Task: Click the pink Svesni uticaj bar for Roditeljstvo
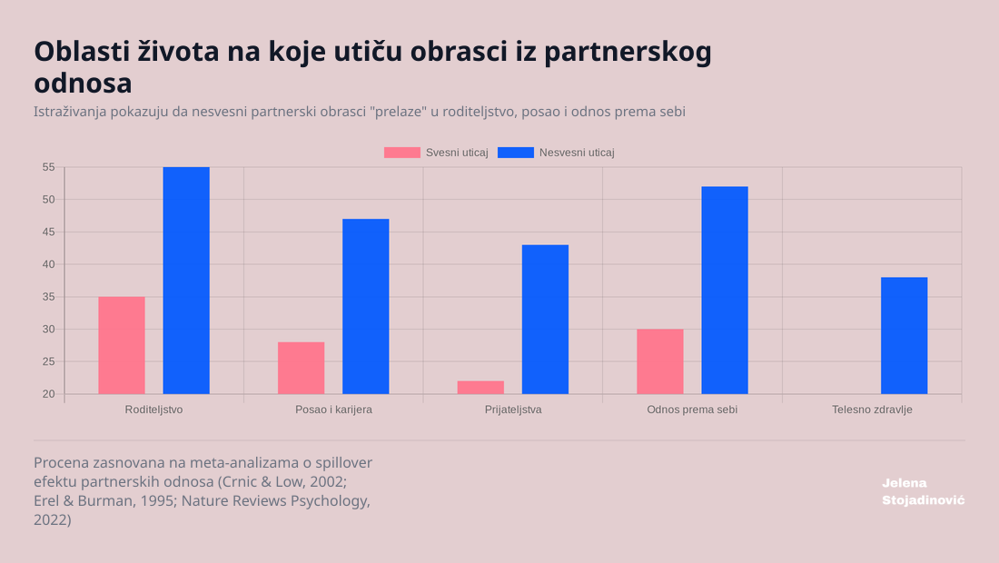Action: pos(122,345)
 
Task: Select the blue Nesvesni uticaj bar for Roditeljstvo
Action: pos(186,281)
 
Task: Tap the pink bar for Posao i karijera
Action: pos(301,368)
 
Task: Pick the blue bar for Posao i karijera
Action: pos(366,306)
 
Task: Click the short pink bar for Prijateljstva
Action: pos(480,387)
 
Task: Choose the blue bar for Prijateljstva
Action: pos(545,320)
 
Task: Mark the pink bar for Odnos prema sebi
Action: pos(660,361)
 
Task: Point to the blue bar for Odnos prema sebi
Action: pos(725,291)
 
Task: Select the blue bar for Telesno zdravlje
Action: pos(904,336)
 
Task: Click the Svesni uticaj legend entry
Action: pos(437,153)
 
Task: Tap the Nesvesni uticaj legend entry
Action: pos(557,153)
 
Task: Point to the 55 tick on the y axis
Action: pos(48,167)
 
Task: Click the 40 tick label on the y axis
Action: pos(48,264)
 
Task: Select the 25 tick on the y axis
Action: pos(48,361)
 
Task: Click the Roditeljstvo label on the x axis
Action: pos(153,410)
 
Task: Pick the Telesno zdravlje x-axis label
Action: pos(872,410)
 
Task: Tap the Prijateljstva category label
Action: pos(513,410)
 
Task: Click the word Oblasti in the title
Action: pos(81,52)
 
